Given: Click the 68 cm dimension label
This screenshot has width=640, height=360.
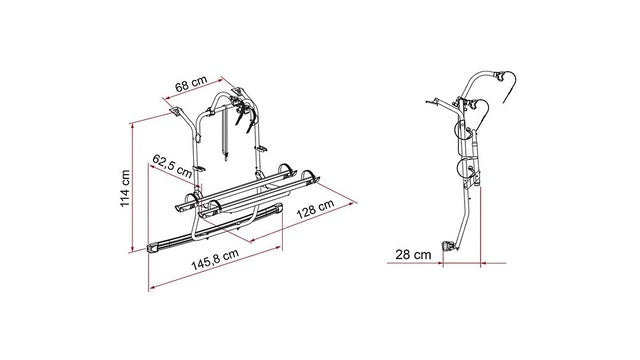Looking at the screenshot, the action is pyautogui.click(x=191, y=84).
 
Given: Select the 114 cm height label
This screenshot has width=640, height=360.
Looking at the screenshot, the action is pyautogui.click(x=125, y=189).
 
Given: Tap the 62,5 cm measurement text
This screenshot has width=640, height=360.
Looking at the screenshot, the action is pyautogui.click(x=172, y=166).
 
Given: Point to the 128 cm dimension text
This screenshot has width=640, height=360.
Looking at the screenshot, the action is pyautogui.click(x=315, y=209).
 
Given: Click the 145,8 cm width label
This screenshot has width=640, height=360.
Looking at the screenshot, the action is pyautogui.click(x=215, y=260).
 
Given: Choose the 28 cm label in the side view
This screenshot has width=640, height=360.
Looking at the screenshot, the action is pyautogui.click(x=413, y=255).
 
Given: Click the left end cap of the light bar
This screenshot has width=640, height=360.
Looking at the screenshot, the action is pyautogui.click(x=154, y=249).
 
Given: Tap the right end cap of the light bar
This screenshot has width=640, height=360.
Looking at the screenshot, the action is pyautogui.click(x=278, y=209).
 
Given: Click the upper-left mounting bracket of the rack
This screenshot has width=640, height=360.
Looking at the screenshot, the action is pyautogui.click(x=176, y=111).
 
